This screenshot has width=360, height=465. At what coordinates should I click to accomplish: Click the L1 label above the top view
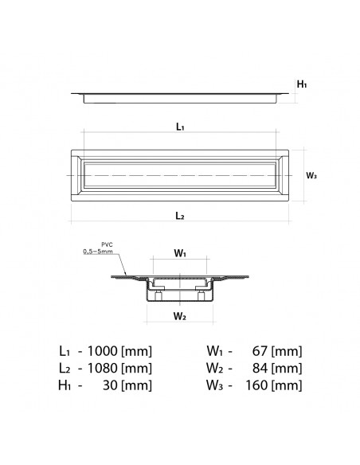click(180, 127)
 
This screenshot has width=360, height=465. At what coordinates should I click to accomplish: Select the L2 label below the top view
click(180, 216)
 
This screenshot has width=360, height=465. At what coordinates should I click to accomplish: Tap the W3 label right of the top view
click(312, 176)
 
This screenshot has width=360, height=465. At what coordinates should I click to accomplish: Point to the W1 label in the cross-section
click(181, 255)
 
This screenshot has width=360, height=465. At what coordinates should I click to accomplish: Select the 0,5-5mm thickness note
click(97, 252)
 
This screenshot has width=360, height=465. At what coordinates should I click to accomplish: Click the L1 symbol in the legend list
click(66, 351)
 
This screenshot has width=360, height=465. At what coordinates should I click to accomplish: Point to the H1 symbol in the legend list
click(66, 386)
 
